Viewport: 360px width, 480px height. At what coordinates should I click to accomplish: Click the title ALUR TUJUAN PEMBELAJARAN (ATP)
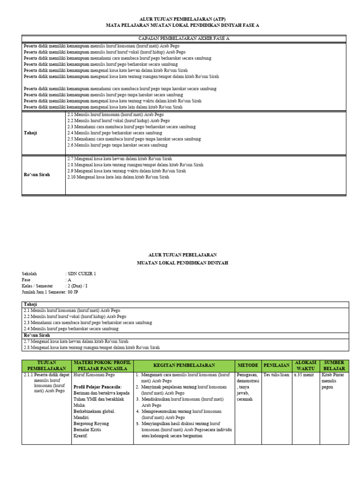pyautogui.click(x=182, y=19)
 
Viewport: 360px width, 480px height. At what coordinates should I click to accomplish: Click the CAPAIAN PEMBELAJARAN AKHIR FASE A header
pyautogui.click(x=184, y=38)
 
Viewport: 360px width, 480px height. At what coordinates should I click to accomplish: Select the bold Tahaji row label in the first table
pyautogui.click(x=30, y=133)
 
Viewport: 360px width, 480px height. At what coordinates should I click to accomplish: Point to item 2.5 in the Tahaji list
pyautogui.click(x=134, y=139)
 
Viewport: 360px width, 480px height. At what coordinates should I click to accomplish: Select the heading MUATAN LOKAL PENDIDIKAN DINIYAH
pyautogui.click(x=182, y=263)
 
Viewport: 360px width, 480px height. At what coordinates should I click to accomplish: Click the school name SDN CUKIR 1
pyautogui.click(x=82, y=274)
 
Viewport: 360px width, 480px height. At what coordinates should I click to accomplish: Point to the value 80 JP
pyautogui.click(x=73, y=292)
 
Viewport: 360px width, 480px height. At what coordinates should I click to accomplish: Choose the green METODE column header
pyautogui.click(x=248, y=366)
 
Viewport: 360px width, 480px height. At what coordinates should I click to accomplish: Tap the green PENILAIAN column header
pyautogui.click(x=276, y=366)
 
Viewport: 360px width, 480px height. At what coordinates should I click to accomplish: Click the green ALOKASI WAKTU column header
pyautogui.click(x=305, y=366)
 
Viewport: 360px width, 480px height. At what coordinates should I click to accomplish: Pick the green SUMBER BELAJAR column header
pyautogui.click(x=334, y=366)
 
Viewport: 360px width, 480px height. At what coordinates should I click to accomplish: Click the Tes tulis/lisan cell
pyautogui.click(x=276, y=375)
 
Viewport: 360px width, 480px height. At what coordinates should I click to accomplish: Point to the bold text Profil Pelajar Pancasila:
pyautogui.click(x=97, y=387)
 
